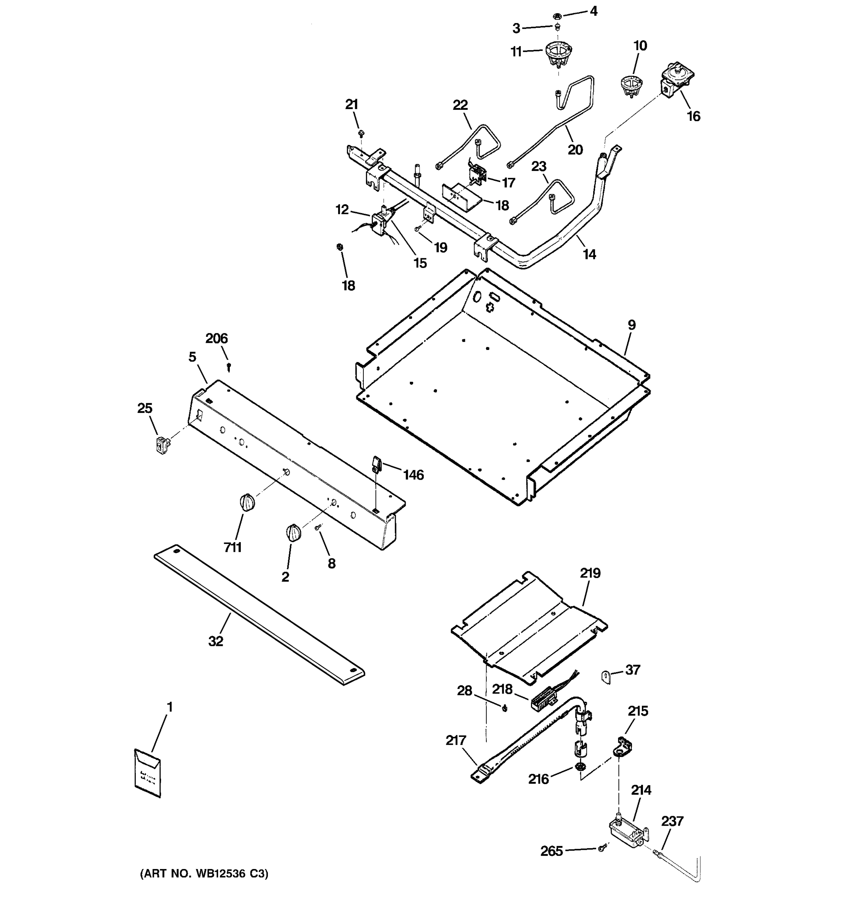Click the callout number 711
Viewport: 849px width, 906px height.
[x=232, y=547]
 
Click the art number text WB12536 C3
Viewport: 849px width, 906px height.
[x=204, y=874]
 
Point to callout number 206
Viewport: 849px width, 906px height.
[x=216, y=339]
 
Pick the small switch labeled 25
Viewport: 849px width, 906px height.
[x=161, y=445]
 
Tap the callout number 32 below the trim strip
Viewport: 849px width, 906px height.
[x=216, y=641]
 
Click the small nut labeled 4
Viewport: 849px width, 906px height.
[x=556, y=16]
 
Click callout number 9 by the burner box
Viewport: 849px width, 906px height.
[x=631, y=325]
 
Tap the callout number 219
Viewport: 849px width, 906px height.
[x=590, y=573]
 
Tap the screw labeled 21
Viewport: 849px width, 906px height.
[x=361, y=134]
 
